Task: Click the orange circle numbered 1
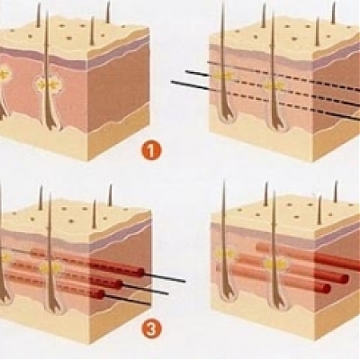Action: coord(151,151)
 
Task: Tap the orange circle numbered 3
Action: coord(151,329)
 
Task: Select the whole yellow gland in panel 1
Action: coord(48,85)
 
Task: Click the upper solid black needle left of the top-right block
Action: coord(196,73)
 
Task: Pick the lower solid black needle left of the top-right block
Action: coord(190,85)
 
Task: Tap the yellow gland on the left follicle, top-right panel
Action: coord(223,76)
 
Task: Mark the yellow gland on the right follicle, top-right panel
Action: coord(273,86)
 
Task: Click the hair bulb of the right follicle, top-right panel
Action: coord(276,120)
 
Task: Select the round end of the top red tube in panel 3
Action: coord(139,272)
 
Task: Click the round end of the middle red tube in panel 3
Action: coord(119,284)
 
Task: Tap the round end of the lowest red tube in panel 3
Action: coord(101,294)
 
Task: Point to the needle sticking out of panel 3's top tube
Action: coord(165,277)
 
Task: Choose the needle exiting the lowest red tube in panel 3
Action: coord(127,300)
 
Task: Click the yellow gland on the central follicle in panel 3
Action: coord(51,268)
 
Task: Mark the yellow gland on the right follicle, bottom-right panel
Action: coord(275,265)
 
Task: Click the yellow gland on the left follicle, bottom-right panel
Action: coord(225,255)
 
